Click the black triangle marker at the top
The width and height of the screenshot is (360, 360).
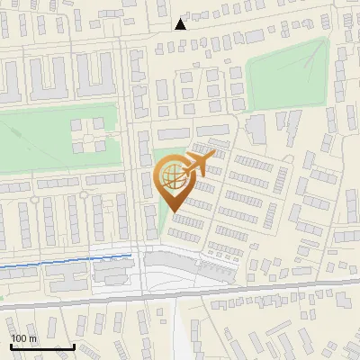(x=181, y=24)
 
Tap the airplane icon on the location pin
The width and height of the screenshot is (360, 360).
(x=200, y=164)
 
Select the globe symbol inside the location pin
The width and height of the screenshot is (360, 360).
(x=175, y=178)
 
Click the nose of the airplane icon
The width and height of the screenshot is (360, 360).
(x=214, y=155)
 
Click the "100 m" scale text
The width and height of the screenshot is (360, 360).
(x=22, y=338)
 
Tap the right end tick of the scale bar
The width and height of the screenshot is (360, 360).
(x=74, y=345)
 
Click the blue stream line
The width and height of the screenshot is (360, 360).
(x=63, y=262)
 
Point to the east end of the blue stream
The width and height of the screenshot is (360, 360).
(x=132, y=256)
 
